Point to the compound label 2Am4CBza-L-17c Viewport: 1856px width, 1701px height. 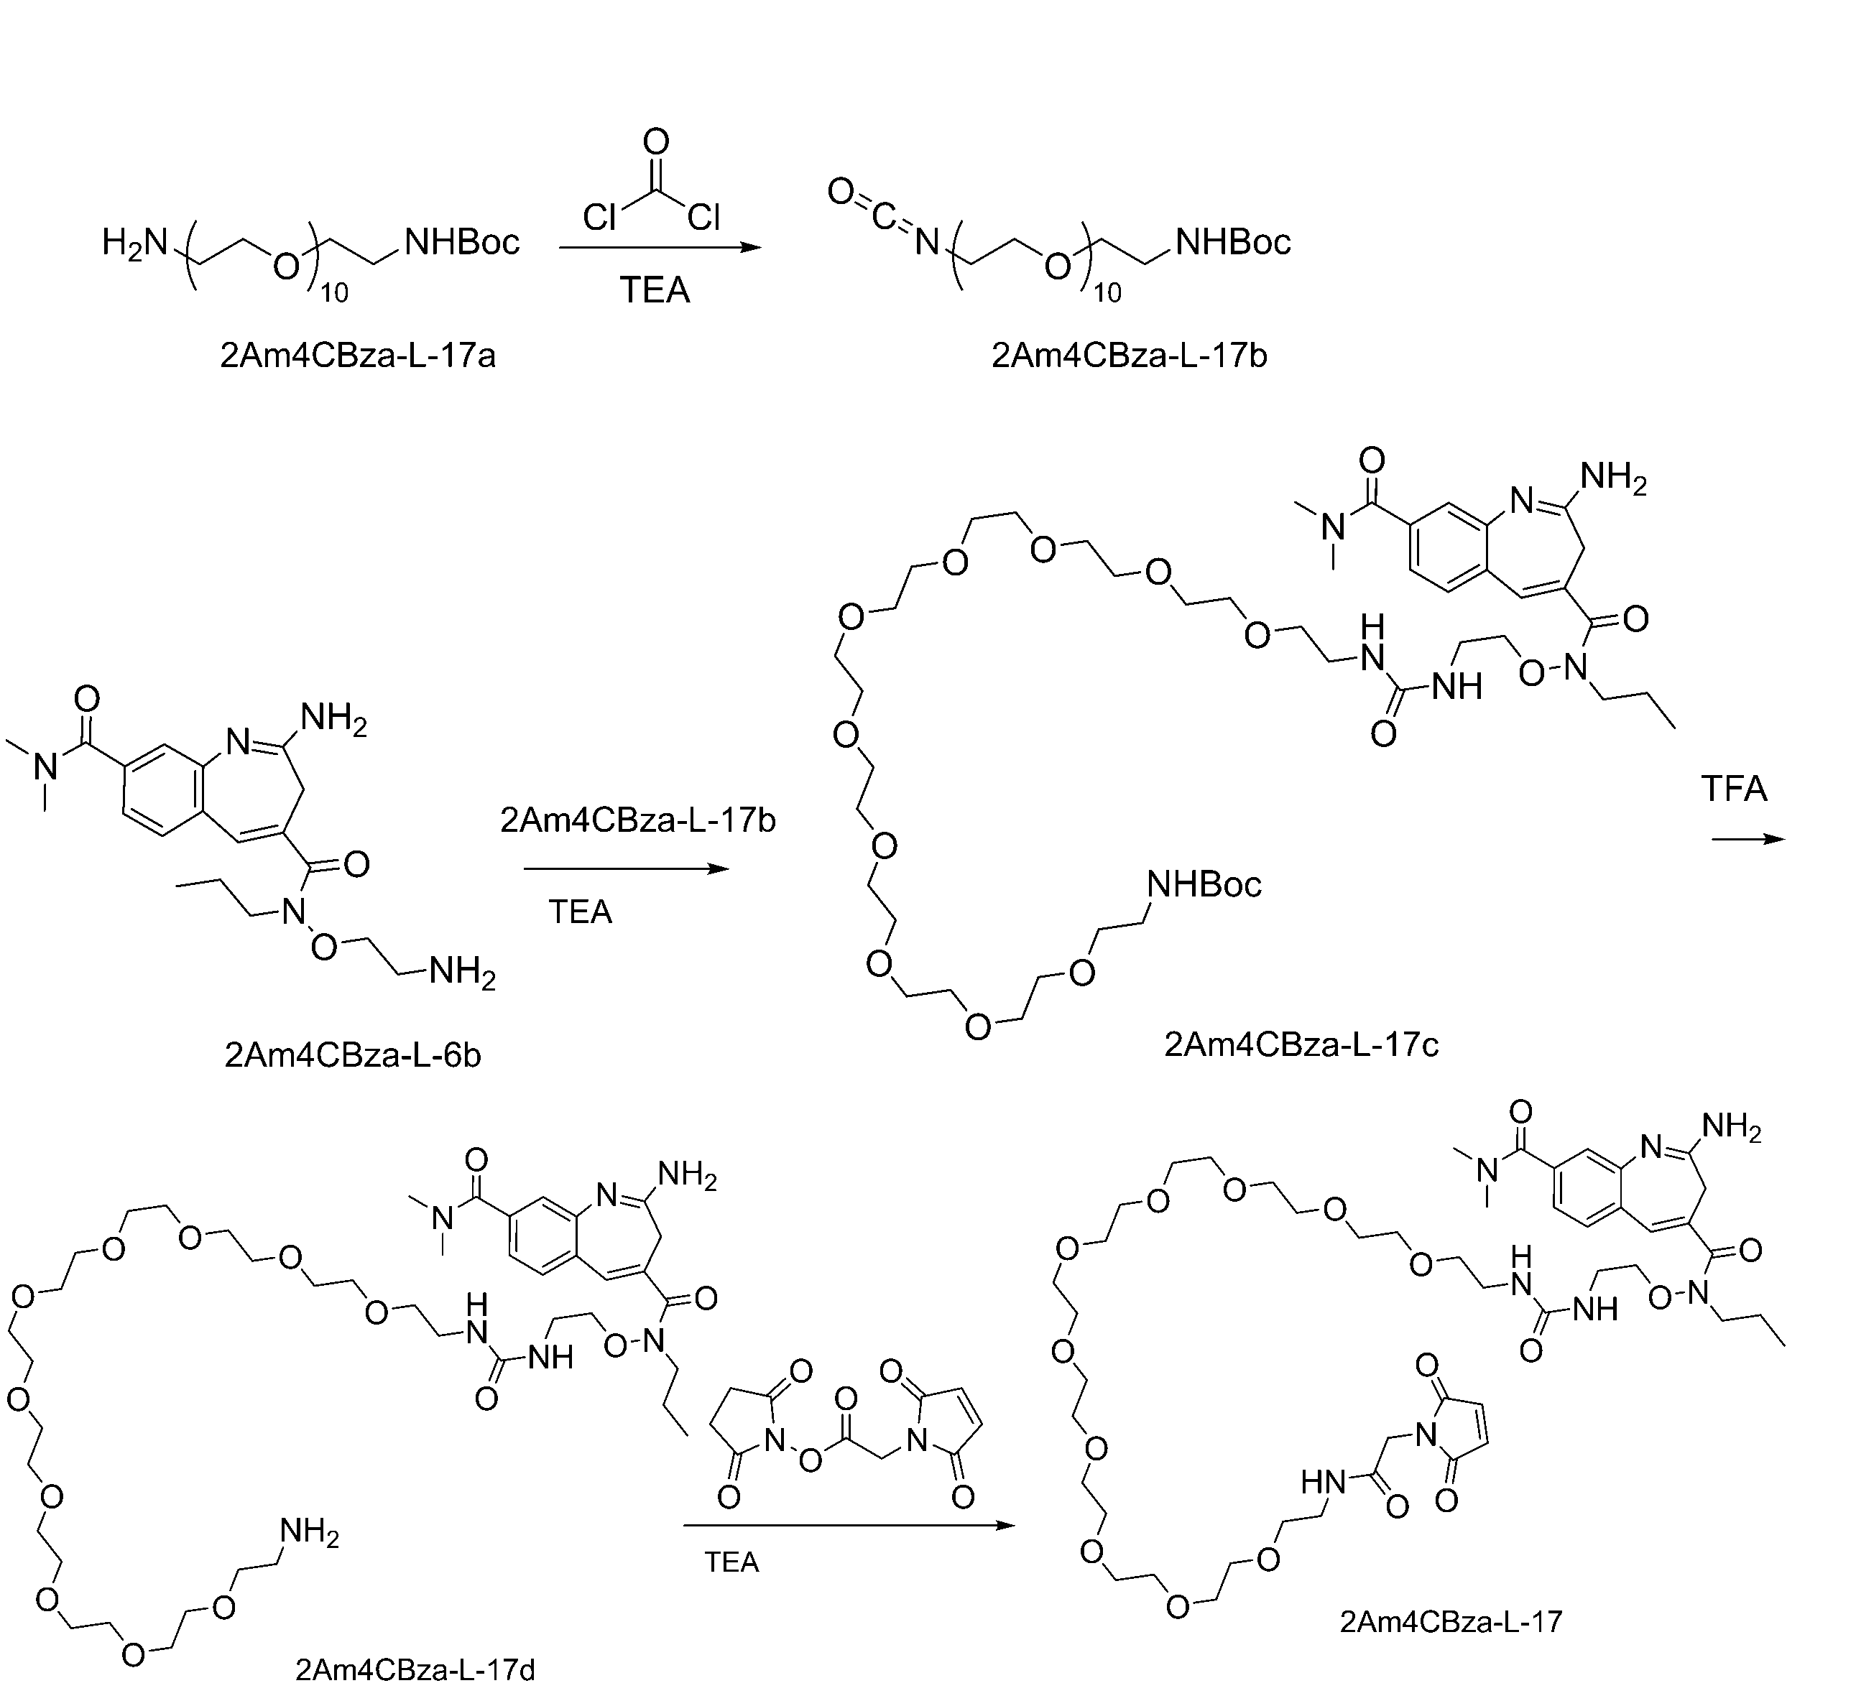coord(1301,1044)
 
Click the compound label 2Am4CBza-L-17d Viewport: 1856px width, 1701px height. coord(415,1669)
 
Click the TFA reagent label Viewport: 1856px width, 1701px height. coord(1734,789)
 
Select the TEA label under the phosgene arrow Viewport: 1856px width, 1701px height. coord(655,290)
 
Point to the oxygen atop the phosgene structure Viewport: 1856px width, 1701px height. coord(655,142)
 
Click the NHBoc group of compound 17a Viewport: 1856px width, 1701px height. coord(462,242)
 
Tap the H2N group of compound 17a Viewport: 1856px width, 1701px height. coord(135,244)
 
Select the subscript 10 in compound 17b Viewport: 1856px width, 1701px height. coord(1107,292)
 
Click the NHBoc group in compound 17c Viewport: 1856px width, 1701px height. coord(1204,884)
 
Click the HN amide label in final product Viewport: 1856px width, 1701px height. coord(1324,1482)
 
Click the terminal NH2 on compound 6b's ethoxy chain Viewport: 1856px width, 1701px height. coord(462,973)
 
